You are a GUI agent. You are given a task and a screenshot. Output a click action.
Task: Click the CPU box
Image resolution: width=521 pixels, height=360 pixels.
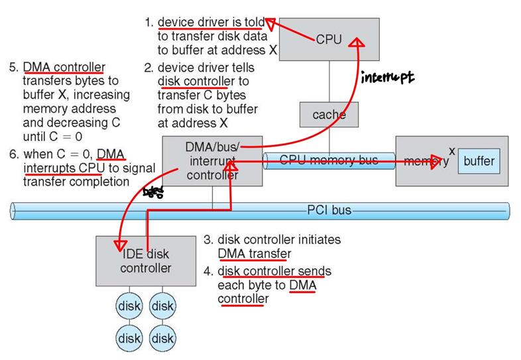[328, 40]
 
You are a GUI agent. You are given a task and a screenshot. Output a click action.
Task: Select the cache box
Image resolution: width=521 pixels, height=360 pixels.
[329, 115]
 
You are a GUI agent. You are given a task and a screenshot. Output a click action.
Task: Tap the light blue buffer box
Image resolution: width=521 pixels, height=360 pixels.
[479, 161]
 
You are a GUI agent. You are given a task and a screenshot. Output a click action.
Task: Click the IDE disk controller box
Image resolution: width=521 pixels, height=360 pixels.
[145, 261]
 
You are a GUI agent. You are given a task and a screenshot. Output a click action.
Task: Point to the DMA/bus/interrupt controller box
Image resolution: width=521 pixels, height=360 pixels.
[212, 160]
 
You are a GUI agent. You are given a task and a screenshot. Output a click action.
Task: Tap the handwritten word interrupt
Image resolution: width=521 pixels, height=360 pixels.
[387, 78]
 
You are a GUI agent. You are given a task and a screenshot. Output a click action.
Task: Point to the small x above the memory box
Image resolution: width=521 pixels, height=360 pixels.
[451, 150]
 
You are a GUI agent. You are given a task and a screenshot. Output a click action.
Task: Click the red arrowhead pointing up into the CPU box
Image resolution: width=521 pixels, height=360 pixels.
[358, 44]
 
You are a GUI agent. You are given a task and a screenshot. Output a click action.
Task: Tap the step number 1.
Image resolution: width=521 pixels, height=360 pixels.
[148, 23]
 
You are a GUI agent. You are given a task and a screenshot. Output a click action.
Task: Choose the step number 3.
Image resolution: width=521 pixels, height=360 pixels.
[206, 239]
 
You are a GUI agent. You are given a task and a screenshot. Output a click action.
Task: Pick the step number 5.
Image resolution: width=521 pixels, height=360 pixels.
[13, 68]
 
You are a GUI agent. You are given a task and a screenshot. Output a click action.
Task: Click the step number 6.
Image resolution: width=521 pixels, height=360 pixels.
[13, 155]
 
